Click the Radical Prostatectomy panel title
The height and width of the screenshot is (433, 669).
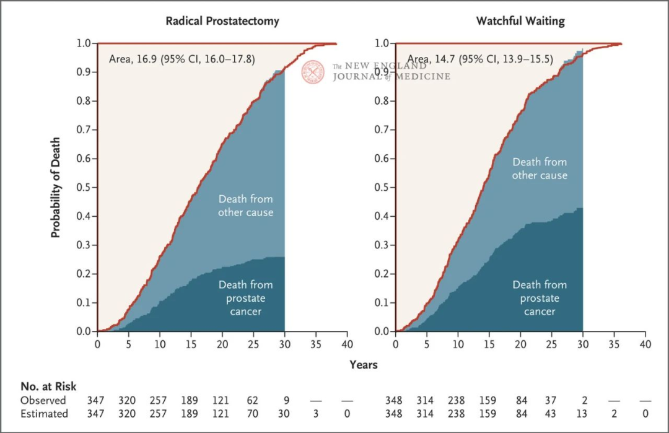(222, 21)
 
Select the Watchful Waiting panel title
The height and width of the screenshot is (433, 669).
(520, 21)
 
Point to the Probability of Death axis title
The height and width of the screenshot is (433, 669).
(56, 187)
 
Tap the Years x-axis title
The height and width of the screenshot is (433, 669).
(363, 365)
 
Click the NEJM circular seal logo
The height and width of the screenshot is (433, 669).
(313, 72)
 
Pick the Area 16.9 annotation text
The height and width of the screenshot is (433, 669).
(181, 59)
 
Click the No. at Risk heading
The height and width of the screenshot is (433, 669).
(48, 387)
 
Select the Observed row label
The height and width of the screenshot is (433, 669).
(43, 401)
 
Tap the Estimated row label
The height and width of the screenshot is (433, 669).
(44, 413)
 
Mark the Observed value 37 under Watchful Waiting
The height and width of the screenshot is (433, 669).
(551, 401)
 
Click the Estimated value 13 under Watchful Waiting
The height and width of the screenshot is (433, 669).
(583, 413)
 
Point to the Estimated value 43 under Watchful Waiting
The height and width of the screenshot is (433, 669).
(551, 413)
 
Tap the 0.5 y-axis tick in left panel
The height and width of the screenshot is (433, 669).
(84, 187)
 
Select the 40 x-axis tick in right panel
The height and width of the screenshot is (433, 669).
(645, 344)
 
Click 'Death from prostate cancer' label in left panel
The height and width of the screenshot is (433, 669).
(245, 298)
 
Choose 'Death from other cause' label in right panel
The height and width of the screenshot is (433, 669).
(540, 168)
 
